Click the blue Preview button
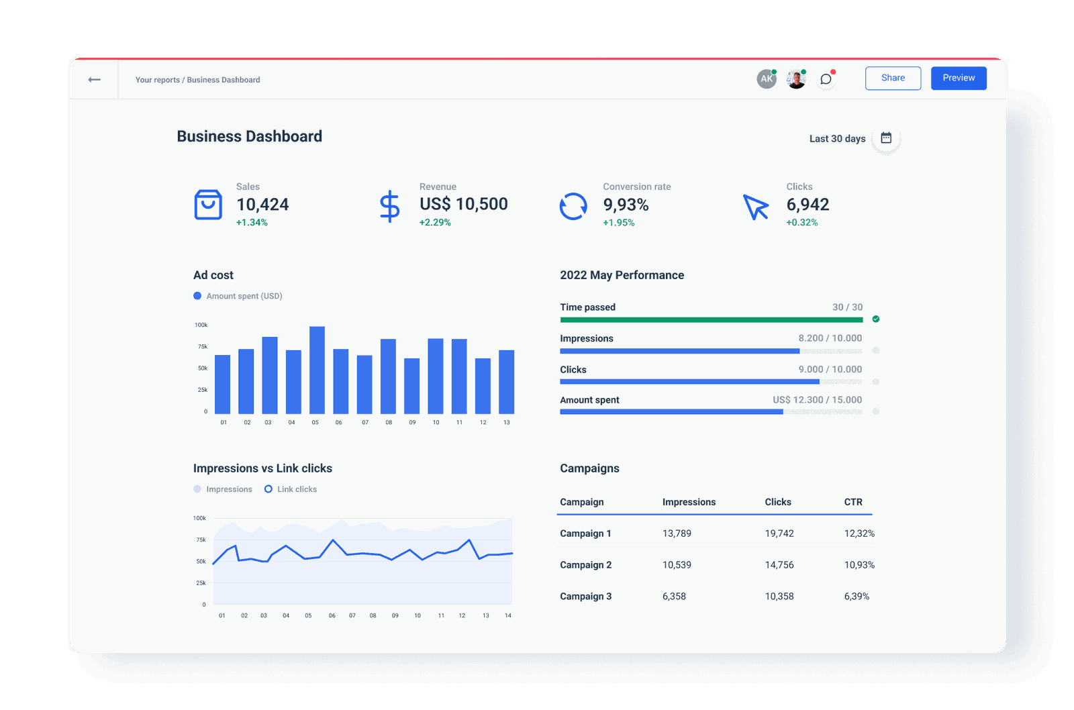(x=958, y=78)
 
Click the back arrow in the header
(x=94, y=79)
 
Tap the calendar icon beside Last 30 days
(x=886, y=138)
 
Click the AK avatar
(x=766, y=79)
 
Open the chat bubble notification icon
(x=826, y=79)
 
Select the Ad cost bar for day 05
(x=317, y=370)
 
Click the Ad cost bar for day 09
(x=411, y=386)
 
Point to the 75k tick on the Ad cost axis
(x=203, y=347)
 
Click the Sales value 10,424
(x=262, y=205)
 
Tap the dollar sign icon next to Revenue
(x=389, y=206)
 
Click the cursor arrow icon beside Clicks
(x=756, y=207)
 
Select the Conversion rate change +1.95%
(x=618, y=223)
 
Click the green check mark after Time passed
(x=875, y=319)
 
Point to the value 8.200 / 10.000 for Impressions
(x=830, y=338)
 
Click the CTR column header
(x=852, y=502)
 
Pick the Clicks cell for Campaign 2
(x=779, y=565)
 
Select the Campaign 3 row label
(x=585, y=597)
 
